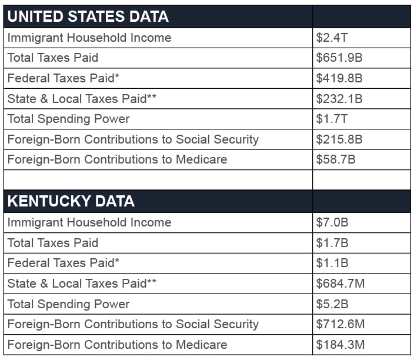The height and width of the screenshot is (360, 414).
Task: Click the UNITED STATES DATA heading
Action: tap(88, 16)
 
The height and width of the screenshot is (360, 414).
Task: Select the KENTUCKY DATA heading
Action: tap(71, 201)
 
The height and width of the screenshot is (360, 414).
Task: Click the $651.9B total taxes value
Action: tap(339, 58)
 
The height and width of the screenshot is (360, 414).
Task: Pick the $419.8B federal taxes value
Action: tap(339, 78)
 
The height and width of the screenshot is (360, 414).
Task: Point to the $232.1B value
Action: tap(339, 98)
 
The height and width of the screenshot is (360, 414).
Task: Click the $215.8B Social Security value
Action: tap(339, 139)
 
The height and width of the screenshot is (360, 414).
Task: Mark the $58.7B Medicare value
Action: tap(336, 159)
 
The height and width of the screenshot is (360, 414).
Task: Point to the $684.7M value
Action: tap(340, 284)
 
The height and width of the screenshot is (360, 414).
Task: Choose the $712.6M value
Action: tap(340, 324)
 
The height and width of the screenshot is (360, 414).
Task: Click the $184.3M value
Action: tap(340, 345)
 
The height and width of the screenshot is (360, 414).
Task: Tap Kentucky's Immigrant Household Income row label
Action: tap(89, 222)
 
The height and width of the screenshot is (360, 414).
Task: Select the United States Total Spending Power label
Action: tap(68, 119)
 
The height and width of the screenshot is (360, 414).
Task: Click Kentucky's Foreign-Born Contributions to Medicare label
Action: tap(117, 345)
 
